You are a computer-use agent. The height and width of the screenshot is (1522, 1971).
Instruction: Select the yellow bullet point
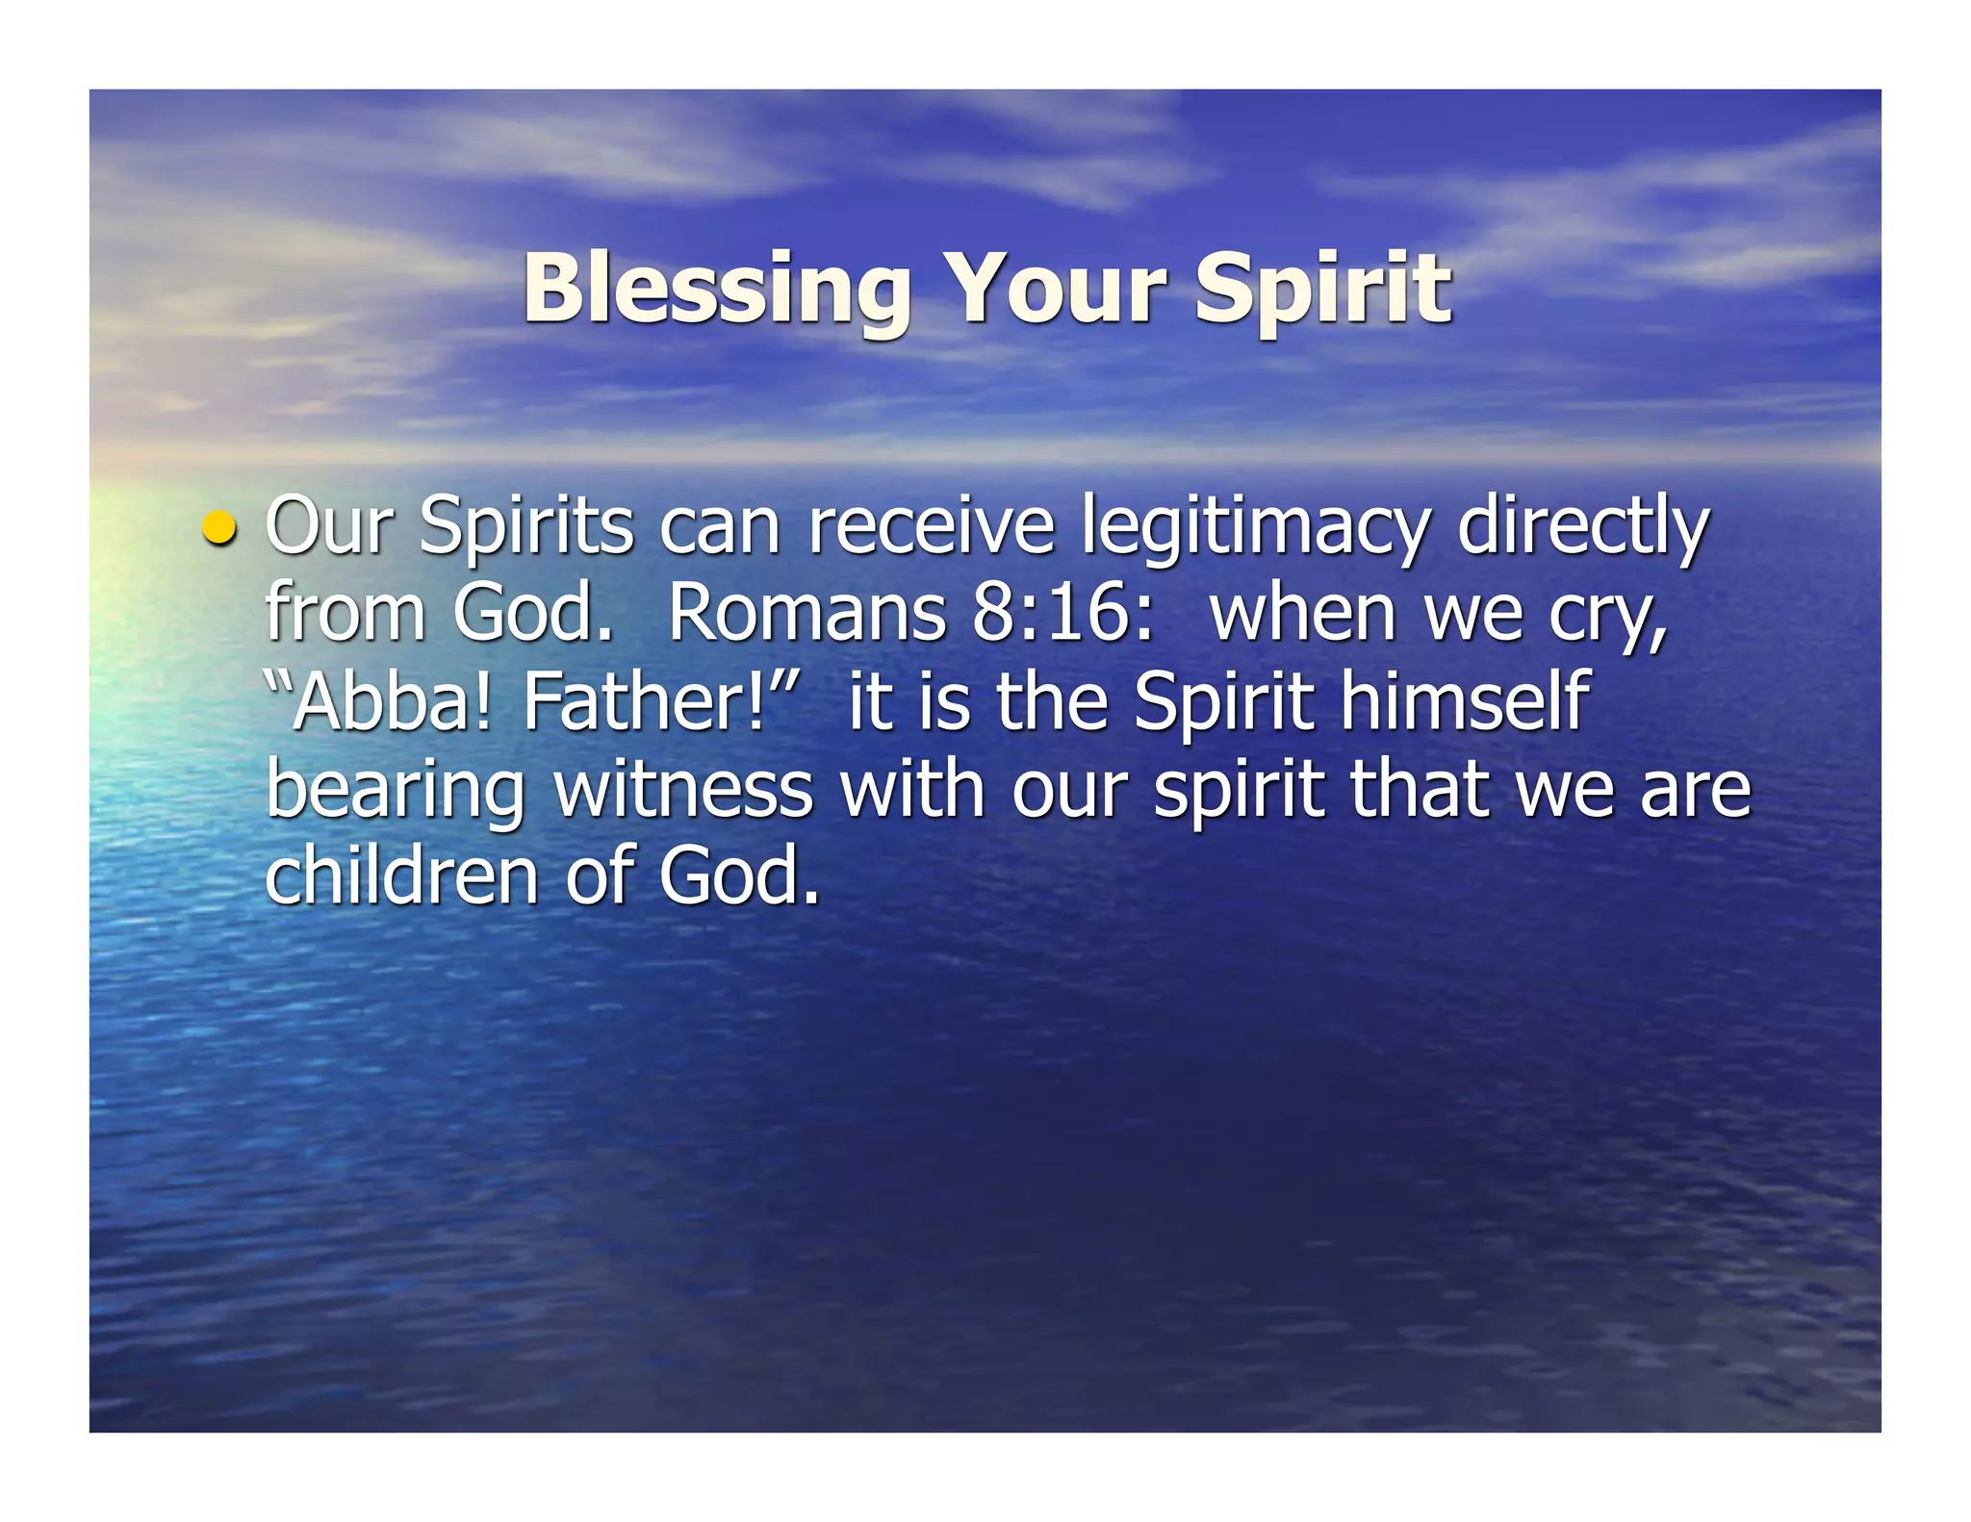(220, 528)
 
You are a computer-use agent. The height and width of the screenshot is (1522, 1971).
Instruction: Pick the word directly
(1582, 527)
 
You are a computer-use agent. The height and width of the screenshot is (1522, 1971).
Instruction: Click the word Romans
(806, 613)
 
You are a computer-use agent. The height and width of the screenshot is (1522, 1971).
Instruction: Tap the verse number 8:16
(1062, 613)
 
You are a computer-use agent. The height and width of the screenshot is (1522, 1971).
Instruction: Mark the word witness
(683, 789)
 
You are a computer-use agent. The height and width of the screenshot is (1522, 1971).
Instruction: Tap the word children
(401, 875)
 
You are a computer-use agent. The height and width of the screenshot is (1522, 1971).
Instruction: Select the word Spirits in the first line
(526, 527)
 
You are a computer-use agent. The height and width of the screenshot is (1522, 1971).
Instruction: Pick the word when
(1304, 613)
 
